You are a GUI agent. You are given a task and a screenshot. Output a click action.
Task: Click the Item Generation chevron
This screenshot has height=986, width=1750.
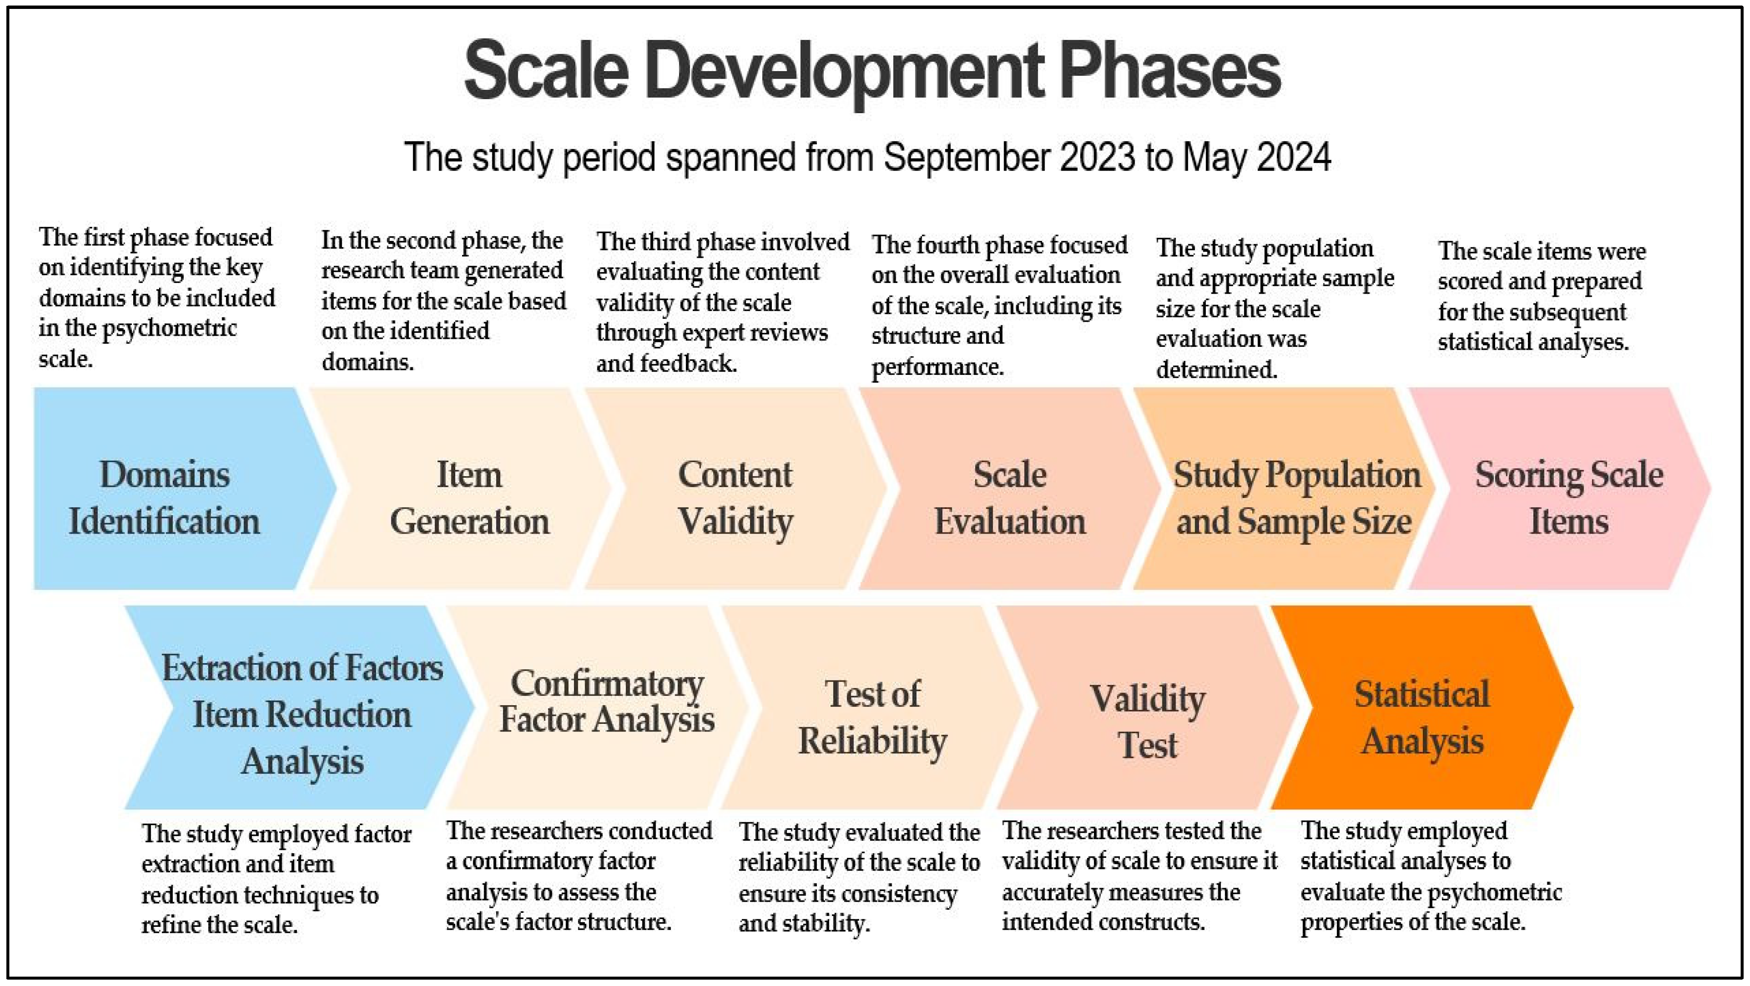click(x=462, y=488)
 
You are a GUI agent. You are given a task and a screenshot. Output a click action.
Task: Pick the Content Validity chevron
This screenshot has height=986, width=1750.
click(x=737, y=488)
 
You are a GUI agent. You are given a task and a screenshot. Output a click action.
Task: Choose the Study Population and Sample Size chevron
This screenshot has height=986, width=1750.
click(x=1288, y=488)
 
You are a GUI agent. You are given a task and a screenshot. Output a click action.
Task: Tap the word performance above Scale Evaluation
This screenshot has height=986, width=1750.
click(x=937, y=367)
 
